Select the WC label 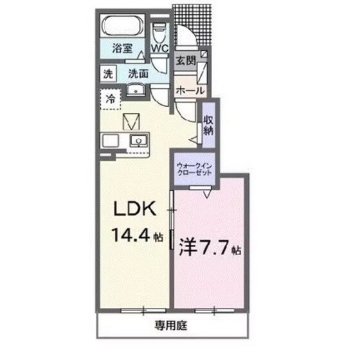tap(159, 48)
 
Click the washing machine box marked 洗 tap(109, 73)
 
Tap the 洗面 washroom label tap(136, 73)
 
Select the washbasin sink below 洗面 tap(136, 90)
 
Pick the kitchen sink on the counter tap(138, 141)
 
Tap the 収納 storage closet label tap(209, 125)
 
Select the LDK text tap(134, 209)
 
